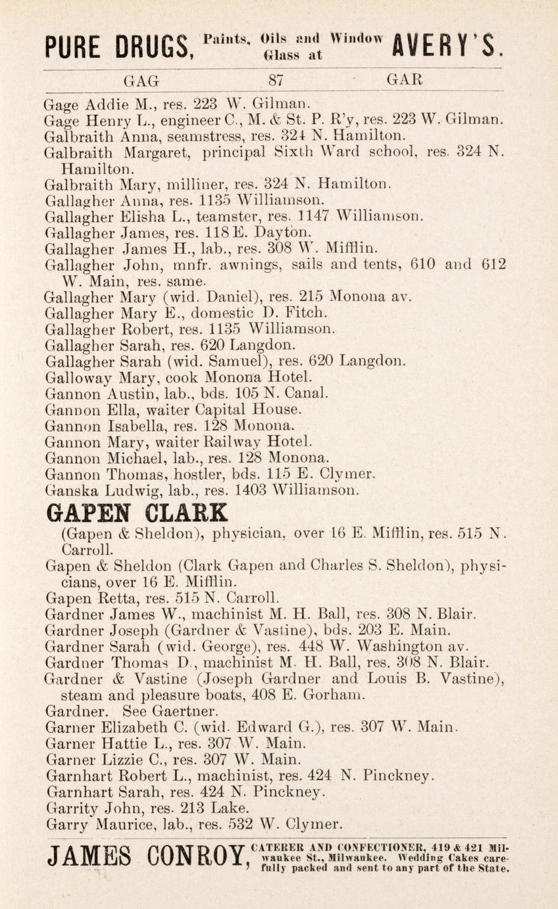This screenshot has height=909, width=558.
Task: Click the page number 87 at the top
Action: tap(275, 80)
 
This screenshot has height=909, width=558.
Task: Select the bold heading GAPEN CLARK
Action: tap(135, 511)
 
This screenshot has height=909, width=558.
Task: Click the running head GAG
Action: tap(142, 80)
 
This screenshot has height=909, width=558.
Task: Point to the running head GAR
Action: tap(403, 80)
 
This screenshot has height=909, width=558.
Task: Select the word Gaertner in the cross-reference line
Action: tap(187, 711)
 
